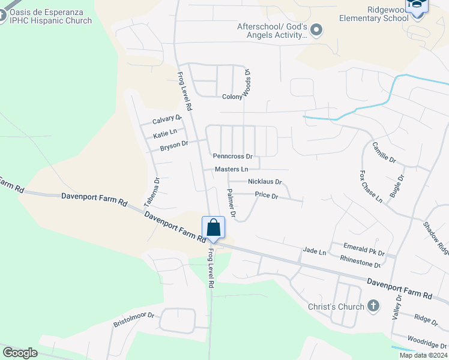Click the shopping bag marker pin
pyautogui.click(x=213, y=227)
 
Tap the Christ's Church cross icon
pyautogui.click(x=373, y=307)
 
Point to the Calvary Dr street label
pyautogui.click(x=167, y=119)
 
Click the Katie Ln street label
pyautogui.click(x=165, y=132)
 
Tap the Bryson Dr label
pyautogui.click(x=174, y=144)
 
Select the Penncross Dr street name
pyautogui.click(x=233, y=156)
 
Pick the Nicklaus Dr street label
pyautogui.click(x=265, y=182)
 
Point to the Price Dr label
pyautogui.click(x=267, y=195)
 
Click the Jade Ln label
pyautogui.click(x=315, y=251)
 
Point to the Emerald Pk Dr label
pyautogui.click(x=364, y=246)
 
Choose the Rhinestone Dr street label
pyautogui.click(x=360, y=261)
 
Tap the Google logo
pyautogui.click(x=20, y=353)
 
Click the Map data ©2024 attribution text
pyautogui.click(x=423, y=355)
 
